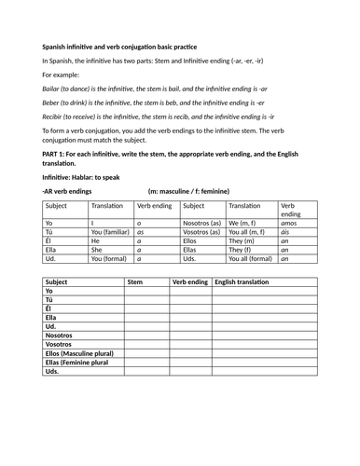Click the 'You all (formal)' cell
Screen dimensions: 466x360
pyautogui.click(x=250, y=258)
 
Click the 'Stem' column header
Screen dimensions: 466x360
pyautogui.click(x=134, y=281)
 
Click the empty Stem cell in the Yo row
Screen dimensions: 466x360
pyautogui.click(x=145, y=292)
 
